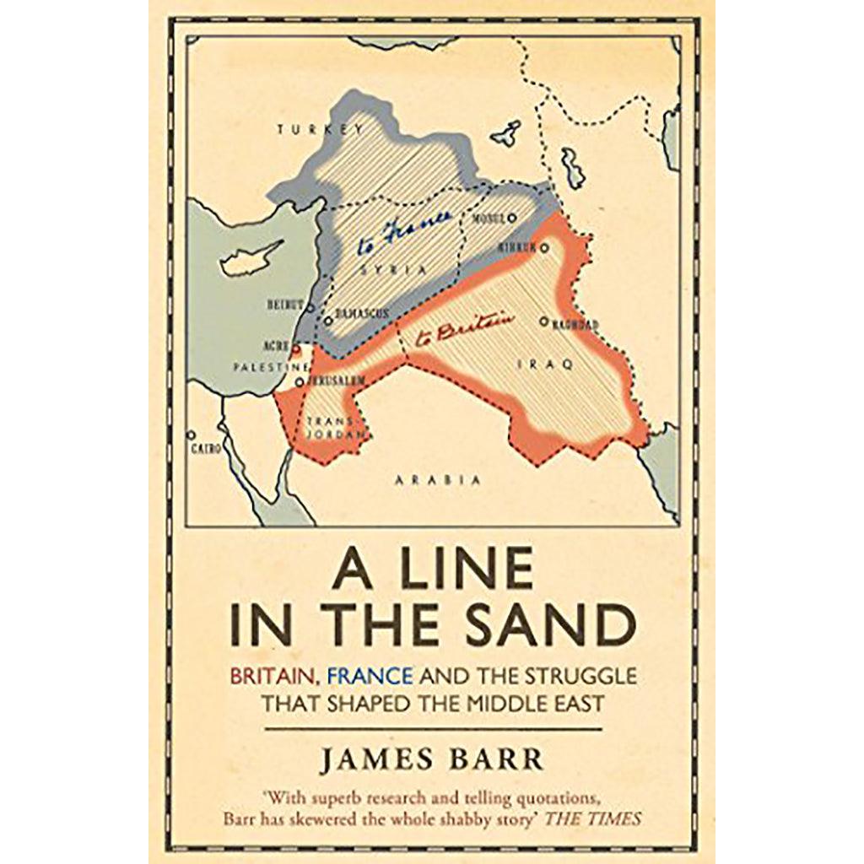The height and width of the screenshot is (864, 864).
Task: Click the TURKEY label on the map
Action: coord(321,129)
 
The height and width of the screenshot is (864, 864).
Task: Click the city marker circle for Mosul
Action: coord(511,218)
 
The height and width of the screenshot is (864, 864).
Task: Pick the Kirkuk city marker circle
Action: coord(545,248)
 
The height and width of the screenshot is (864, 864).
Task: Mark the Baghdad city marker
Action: coord(544,321)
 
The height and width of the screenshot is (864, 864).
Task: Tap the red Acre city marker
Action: coord(296,347)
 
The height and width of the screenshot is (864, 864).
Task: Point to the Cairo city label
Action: coord(206,450)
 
